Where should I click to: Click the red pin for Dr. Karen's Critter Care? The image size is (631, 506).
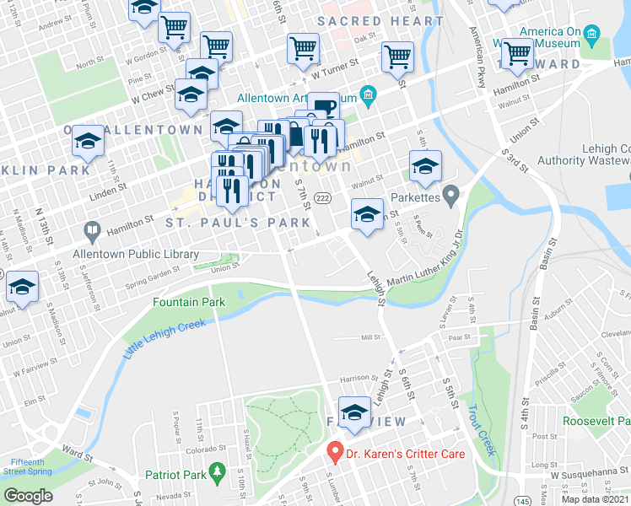pos(335,452)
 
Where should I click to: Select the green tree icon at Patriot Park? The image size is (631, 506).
pos(218,473)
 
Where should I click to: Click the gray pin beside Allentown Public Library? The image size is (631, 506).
pos(90,229)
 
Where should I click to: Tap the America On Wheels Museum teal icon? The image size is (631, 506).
pos(591,36)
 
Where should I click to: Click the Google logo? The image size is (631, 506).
pos(28,496)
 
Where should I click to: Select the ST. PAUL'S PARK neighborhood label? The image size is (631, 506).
pos(220,223)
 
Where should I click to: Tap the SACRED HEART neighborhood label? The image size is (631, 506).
pos(380,20)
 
